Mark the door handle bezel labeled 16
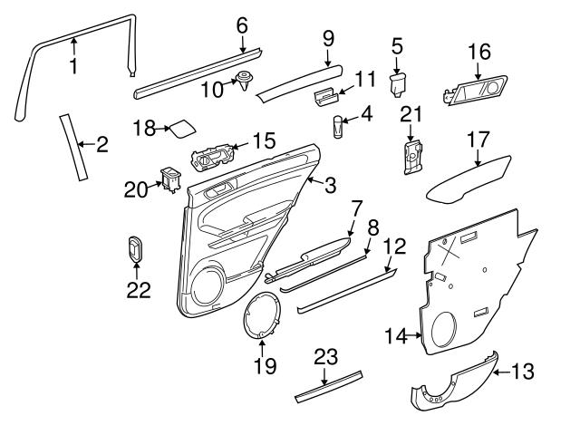pos(478,91)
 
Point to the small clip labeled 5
pos(397,84)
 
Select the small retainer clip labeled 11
pos(327,93)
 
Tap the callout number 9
pos(327,38)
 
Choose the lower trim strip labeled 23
pos(330,383)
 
